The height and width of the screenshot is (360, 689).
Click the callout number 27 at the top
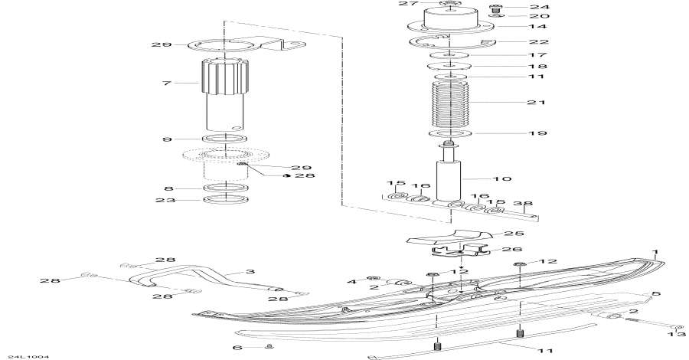point(404,4)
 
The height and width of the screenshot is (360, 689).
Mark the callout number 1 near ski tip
point(655,252)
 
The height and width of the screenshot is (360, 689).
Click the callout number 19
point(534,133)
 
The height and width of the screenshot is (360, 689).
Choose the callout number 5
point(656,294)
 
